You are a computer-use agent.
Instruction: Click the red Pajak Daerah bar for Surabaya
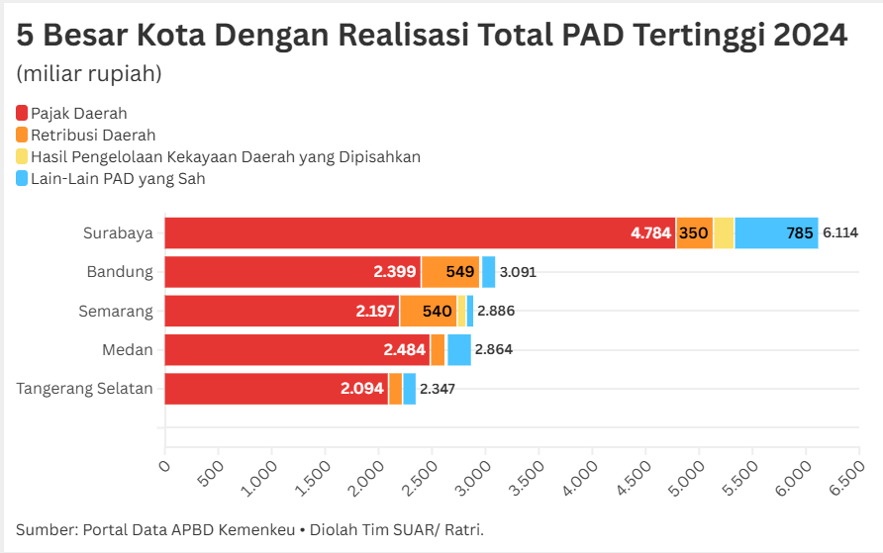coord(416,233)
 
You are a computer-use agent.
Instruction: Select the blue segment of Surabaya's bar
coord(776,233)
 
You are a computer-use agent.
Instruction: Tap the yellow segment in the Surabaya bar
coord(724,233)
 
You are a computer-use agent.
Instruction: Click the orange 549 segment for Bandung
coord(450,272)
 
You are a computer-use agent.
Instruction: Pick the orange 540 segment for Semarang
coord(428,311)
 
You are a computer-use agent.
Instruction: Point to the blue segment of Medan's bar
coord(458,349)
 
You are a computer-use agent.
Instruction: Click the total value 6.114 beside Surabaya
coord(839,233)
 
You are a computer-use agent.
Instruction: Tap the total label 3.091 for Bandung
coord(518,272)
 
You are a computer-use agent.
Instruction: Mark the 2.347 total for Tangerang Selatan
coord(438,389)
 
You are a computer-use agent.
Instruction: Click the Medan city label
coord(128,349)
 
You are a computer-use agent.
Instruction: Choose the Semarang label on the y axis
coord(117,311)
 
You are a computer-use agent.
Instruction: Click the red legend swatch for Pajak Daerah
coord(22,114)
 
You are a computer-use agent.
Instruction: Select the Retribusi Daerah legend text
coord(93,136)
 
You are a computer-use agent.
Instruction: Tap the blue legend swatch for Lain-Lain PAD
coord(22,179)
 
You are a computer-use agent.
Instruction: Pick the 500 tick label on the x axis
coord(212,472)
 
